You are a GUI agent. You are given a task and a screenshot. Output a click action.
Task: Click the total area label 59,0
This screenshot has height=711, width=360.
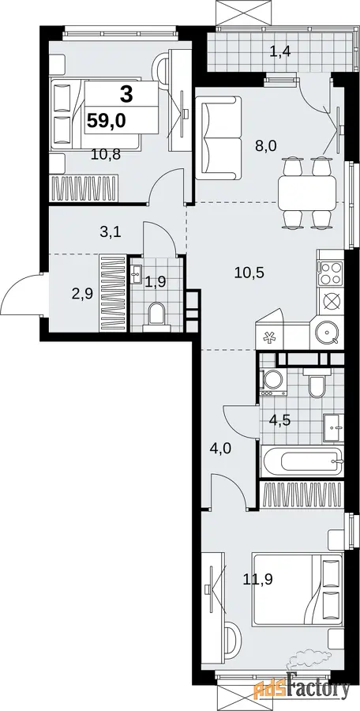click(x=107, y=121)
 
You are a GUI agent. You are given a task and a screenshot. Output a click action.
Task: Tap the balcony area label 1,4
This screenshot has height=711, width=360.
click(x=279, y=51)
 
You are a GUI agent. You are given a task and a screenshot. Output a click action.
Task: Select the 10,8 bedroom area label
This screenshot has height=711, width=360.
click(x=105, y=156)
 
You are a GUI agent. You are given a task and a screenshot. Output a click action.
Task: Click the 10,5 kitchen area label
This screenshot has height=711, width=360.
click(x=249, y=273)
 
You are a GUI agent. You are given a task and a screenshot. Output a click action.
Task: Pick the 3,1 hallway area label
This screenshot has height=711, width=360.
click(x=111, y=234)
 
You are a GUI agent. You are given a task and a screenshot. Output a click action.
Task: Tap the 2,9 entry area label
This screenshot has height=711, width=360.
click(x=82, y=295)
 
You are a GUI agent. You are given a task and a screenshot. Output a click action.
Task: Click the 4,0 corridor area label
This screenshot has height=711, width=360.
click(x=234, y=450)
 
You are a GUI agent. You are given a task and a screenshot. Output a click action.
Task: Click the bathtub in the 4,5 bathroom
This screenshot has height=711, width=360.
click(x=302, y=461)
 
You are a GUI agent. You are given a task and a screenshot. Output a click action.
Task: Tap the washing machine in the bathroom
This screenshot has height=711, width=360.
click(x=273, y=381)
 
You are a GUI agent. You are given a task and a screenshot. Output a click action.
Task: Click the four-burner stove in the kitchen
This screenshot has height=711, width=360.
click(x=330, y=273)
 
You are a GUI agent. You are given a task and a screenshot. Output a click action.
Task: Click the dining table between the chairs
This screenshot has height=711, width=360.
click(x=307, y=193)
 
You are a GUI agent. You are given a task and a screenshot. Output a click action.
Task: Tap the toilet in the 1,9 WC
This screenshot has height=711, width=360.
click(x=157, y=314)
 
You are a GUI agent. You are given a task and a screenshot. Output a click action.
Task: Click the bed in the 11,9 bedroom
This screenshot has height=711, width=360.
click(x=298, y=590)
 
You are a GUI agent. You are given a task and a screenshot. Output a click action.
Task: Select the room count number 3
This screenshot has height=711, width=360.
click(x=126, y=96)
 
